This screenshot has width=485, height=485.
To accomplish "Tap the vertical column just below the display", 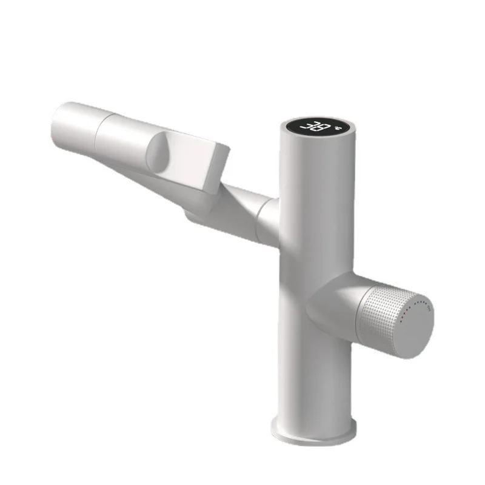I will coord(317,176).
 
